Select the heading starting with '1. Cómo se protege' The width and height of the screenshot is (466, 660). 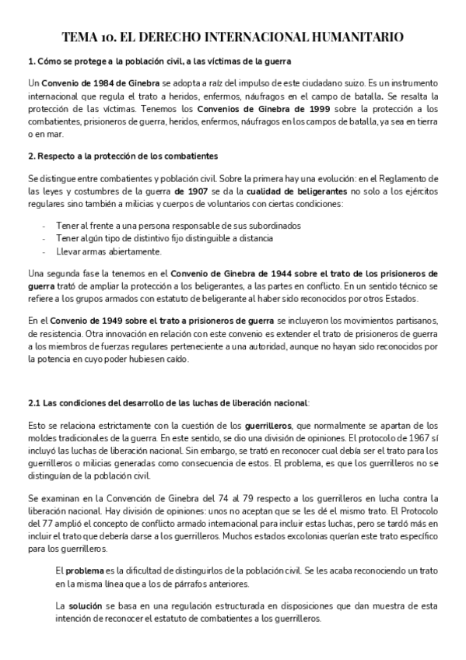(159, 61)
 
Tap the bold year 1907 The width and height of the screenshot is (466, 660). (187, 190)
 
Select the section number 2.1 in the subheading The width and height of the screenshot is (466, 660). (33, 402)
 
